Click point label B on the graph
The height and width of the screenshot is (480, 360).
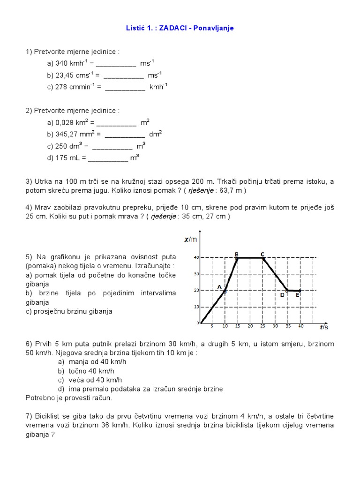pos(237,254)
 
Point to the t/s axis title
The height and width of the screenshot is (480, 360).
pos(323,327)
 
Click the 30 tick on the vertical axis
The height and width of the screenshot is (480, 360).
pos(196,274)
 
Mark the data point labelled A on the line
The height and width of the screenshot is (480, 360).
pos(225,291)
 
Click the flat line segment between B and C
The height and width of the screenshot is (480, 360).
pos(249,257)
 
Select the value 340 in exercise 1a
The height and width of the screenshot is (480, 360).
pos(62,63)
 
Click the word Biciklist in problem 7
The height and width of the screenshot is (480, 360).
pos(46,416)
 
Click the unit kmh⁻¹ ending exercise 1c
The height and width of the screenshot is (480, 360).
pos(158,87)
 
